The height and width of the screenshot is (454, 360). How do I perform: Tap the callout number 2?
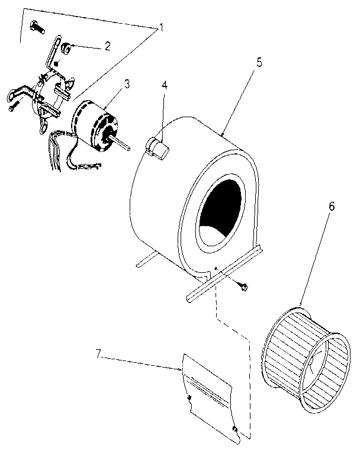coord(108,46)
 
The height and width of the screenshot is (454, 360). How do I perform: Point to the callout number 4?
coord(165,84)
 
